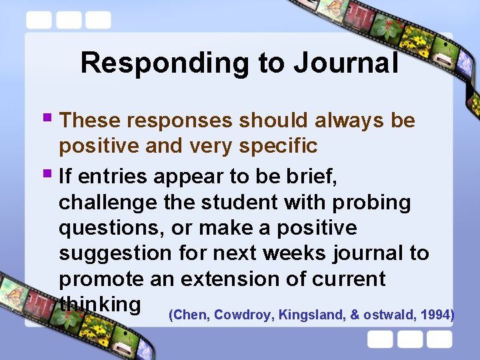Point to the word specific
(275, 145)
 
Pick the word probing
(372, 202)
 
